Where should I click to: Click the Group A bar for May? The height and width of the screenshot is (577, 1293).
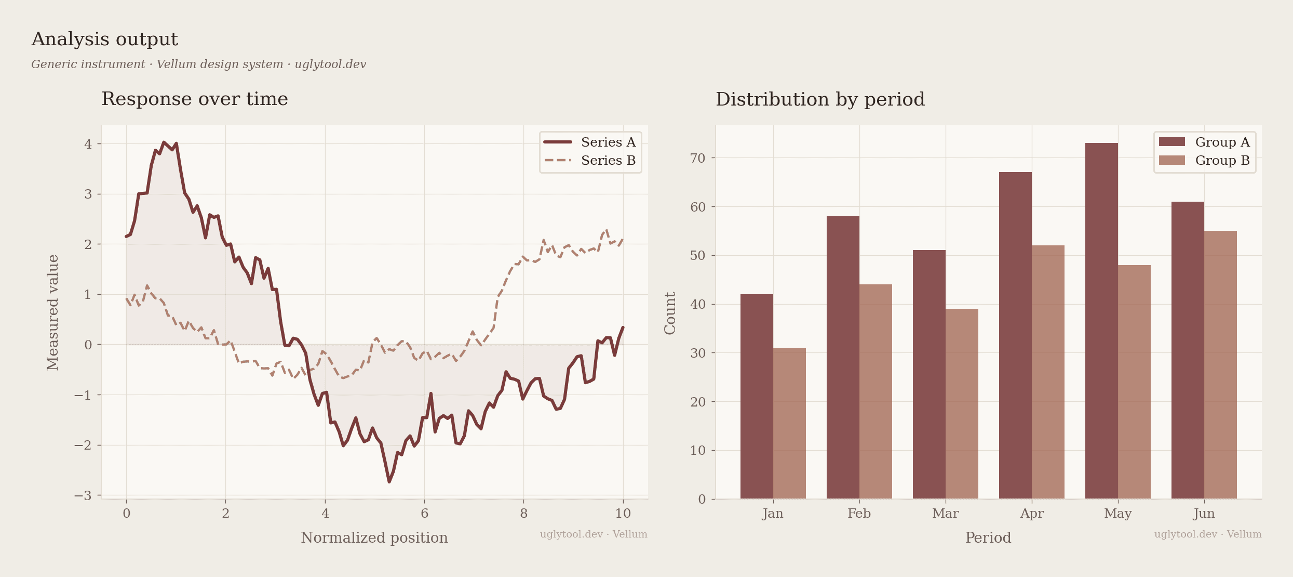point(1101,321)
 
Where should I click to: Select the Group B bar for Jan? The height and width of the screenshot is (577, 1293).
point(789,423)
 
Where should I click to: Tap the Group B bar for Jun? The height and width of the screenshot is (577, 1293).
point(1220,364)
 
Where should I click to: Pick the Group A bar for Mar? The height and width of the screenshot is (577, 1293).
point(929,374)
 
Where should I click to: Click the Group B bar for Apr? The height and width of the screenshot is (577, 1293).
point(1048,372)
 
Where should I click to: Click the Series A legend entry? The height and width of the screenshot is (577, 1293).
point(590,142)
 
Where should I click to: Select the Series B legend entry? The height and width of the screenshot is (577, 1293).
point(590,161)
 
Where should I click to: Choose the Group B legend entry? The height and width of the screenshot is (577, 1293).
point(1204,161)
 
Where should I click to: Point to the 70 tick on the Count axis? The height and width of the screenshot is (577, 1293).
point(698,158)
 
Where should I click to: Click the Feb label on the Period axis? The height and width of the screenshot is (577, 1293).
point(859,514)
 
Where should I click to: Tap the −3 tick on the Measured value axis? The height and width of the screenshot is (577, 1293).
point(83,495)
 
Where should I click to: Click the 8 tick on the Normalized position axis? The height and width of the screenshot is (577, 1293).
point(523,514)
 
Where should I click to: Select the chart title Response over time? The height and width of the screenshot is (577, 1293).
point(195,99)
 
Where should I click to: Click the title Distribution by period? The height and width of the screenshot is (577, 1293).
point(820,99)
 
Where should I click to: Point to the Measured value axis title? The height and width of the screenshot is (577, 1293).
point(52,312)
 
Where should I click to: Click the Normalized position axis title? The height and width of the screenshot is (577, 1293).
point(374,537)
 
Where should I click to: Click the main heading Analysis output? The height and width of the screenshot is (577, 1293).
point(104,39)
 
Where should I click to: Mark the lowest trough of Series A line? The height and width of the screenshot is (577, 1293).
point(389,482)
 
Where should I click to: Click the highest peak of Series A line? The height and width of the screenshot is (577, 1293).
point(164,142)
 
